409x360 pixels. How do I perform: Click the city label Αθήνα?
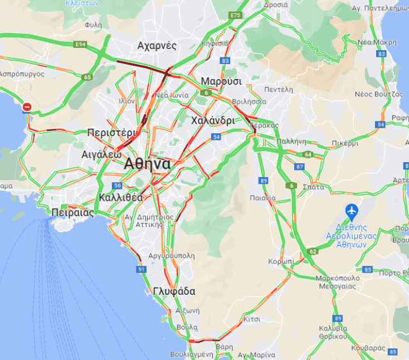(x=147, y=164)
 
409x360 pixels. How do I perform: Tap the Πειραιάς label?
(x=71, y=212)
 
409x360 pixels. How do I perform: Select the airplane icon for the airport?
(x=351, y=211)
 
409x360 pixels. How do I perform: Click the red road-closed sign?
(x=27, y=107)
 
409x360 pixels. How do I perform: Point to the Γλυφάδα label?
(x=174, y=291)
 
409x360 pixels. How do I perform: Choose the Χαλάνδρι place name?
(x=212, y=120)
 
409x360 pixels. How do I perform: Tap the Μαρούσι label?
(x=221, y=81)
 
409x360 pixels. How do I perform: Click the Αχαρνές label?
(x=157, y=46)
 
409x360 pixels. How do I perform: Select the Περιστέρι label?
(x=111, y=133)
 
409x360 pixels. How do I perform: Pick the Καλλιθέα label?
(x=120, y=197)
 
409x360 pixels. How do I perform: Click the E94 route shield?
(x=81, y=43)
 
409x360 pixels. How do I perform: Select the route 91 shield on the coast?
(x=141, y=269)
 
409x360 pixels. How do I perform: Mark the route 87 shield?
(x=300, y=167)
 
